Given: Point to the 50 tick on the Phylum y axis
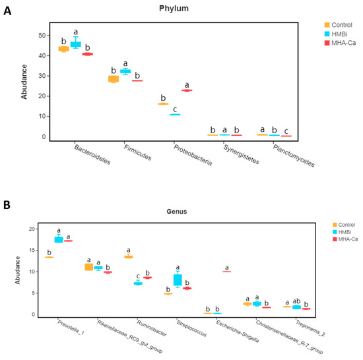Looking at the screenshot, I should (41, 35).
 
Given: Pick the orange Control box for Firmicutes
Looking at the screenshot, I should (114, 79).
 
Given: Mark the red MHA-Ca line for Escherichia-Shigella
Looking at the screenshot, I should (226, 272).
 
